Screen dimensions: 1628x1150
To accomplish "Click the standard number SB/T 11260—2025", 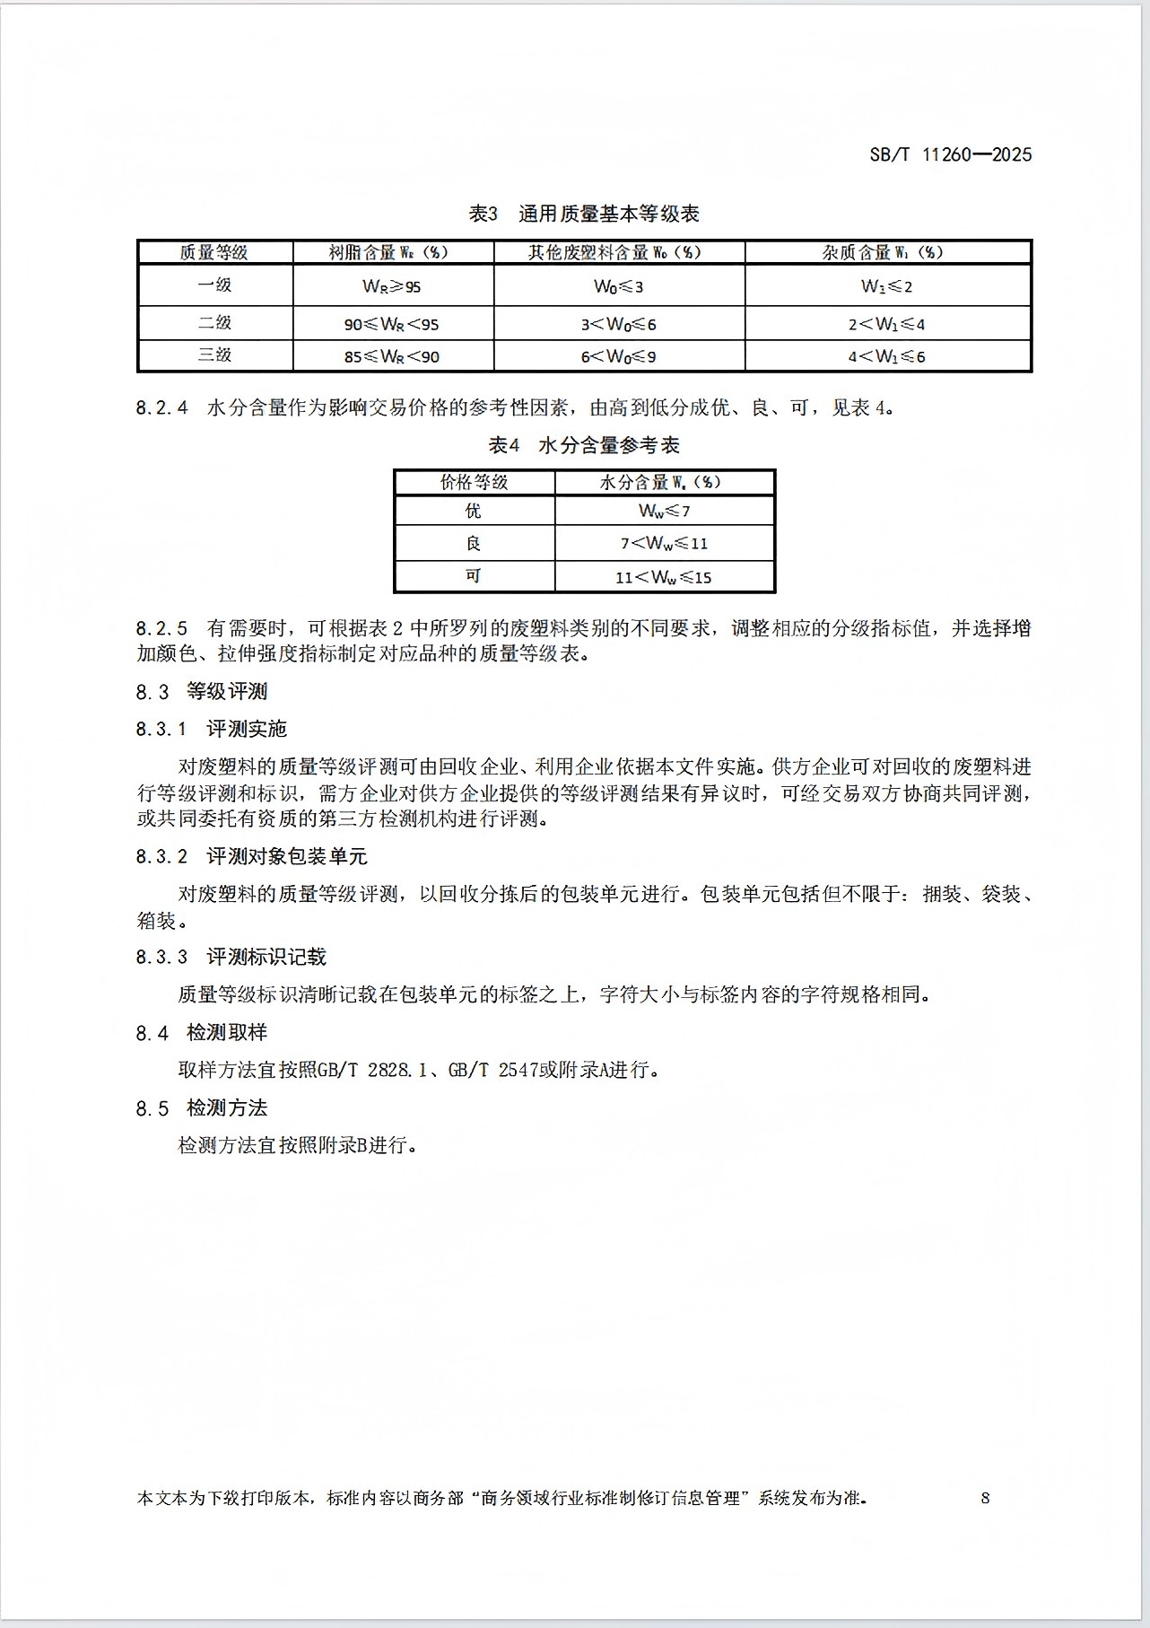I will (950, 154).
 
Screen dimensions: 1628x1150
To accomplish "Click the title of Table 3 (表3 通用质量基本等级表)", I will (584, 214).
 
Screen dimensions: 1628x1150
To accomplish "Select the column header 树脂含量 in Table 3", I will (388, 252).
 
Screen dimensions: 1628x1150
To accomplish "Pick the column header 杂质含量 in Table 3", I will (883, 252).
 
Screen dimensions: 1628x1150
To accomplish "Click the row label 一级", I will (214, 285).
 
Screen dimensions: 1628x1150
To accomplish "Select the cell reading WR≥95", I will (391, 286).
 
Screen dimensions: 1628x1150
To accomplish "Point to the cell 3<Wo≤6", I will (618, 324).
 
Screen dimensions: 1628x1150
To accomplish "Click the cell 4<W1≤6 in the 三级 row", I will (886, 356).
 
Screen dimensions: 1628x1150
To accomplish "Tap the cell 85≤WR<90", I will (391, 356).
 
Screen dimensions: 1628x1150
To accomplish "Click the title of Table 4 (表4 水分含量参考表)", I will (584, 445).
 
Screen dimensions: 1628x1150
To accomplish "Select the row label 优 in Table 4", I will (474, 511).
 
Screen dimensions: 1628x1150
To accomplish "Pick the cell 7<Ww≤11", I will (664, 543).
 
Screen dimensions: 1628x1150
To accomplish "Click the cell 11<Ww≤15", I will (664, 577).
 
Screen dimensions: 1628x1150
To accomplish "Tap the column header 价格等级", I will (474, 482).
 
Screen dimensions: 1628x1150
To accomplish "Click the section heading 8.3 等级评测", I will (202, 691).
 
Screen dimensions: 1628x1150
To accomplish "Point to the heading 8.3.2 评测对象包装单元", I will (252, 856).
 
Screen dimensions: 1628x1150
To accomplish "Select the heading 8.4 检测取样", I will (202, 1033).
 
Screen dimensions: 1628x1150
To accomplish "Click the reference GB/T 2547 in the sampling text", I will (492, 1070).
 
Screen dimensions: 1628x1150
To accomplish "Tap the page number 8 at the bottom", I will (985, 1497).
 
